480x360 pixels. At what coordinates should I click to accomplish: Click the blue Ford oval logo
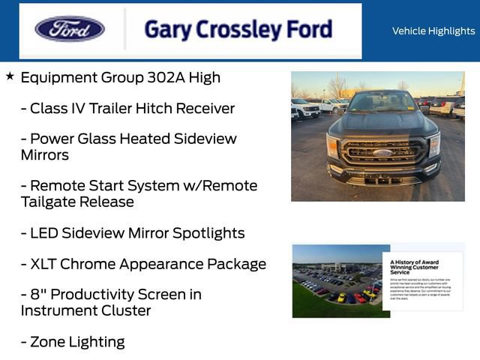click(70, 29)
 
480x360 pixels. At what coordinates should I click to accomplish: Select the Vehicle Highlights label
click(433, 31)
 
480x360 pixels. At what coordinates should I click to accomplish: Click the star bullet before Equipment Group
click(10, 76)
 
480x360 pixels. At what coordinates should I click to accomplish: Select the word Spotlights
click(208, 233)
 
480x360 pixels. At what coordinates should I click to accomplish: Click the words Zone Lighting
click(77, 342)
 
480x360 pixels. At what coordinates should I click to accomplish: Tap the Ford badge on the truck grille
click(382, 152)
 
